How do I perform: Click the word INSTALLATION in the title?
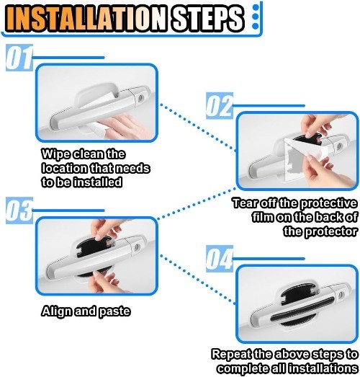86,18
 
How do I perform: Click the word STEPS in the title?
208,18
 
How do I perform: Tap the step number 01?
19,58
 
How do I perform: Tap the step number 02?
220,106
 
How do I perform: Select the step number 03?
19,210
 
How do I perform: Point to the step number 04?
220,259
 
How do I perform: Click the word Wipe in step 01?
55,154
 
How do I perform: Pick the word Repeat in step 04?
231,355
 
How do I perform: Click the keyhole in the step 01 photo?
140,97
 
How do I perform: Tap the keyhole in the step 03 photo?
137,247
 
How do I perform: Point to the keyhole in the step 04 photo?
340,295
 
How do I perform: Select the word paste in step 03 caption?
114,312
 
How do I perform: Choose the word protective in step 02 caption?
328,203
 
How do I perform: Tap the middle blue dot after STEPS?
256,17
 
